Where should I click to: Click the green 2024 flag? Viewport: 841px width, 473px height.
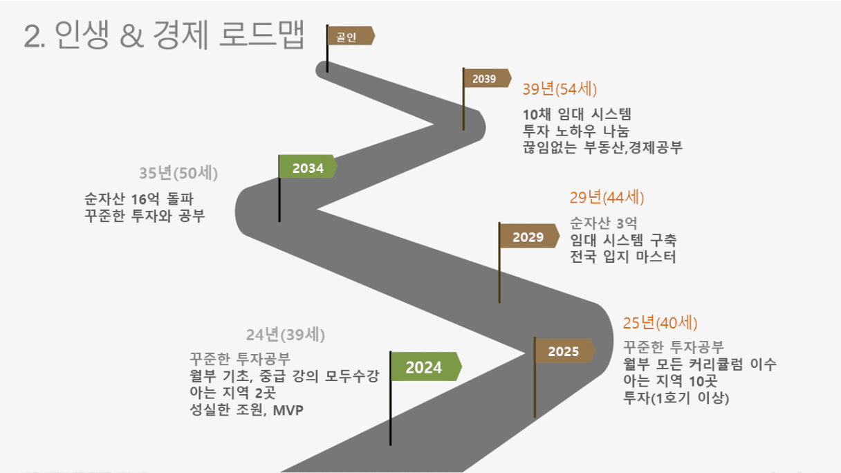426,367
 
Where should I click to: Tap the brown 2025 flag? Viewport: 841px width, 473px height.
564,351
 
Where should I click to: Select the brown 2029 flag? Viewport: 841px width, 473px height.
529,236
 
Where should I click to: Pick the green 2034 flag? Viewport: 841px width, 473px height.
308,166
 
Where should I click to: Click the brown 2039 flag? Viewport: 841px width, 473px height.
488,78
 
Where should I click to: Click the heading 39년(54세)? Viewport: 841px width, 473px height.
560,89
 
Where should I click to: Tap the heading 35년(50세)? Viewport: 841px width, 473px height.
178,173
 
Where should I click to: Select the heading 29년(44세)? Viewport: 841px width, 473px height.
607,198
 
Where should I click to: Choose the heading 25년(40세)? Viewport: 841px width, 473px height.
660,323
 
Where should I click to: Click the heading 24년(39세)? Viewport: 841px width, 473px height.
286,335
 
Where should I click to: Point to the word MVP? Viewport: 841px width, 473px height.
288,410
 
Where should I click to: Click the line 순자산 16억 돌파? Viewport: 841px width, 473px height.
139,198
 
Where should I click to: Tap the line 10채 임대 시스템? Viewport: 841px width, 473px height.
577,114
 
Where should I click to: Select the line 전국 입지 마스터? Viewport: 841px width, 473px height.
623,257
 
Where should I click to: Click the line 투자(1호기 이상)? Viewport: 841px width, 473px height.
676,398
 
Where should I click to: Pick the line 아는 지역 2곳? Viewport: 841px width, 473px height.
233,393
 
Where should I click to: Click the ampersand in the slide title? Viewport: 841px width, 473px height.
132,36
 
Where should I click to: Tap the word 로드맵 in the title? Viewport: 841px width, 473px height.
261,35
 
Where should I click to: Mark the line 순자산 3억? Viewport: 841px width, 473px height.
603,223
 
